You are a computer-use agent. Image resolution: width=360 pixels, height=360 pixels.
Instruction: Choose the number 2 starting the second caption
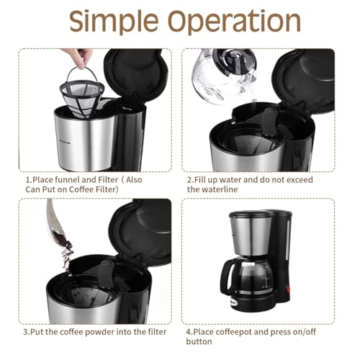[189, 178]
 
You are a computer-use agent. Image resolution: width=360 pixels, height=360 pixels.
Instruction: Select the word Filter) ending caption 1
[101, 189]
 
